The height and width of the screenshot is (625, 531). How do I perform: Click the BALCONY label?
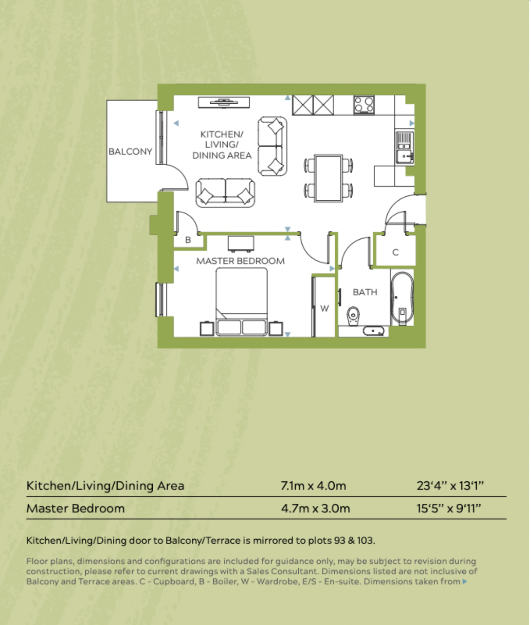130,152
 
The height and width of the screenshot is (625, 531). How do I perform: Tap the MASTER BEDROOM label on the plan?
240,261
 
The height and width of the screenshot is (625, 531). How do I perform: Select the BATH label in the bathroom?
365,292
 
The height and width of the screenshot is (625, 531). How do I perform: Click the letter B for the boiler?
188,240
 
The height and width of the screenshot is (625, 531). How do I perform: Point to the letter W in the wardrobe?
324,308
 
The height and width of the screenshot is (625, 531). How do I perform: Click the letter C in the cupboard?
395,252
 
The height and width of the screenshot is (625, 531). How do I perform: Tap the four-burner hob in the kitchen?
364,105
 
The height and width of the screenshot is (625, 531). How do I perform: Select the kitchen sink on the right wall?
404,147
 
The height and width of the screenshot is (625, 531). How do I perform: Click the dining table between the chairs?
328,178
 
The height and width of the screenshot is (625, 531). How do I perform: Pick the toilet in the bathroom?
354,315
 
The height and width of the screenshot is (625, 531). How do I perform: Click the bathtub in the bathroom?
402,298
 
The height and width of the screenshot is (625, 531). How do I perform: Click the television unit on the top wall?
224,102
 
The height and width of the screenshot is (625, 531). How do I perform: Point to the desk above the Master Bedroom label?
241,244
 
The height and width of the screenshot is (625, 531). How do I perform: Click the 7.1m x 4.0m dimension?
313,486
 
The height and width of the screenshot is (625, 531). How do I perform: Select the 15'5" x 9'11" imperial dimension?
449,509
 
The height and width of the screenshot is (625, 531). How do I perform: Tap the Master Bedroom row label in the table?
75,509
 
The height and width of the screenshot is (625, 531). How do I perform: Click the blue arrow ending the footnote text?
465,582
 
